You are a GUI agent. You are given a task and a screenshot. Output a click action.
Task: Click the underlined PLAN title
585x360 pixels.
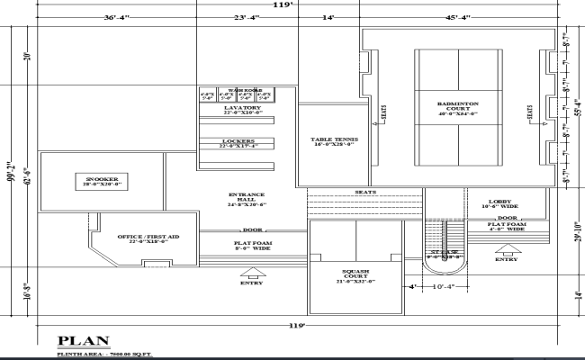coord(84,340)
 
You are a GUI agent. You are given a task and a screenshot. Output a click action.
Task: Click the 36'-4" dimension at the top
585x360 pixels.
coord(120,17)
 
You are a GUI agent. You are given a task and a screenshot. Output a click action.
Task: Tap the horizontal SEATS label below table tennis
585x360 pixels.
coord(364,193)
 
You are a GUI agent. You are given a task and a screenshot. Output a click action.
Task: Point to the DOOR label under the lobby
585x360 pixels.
coord(507,218)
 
